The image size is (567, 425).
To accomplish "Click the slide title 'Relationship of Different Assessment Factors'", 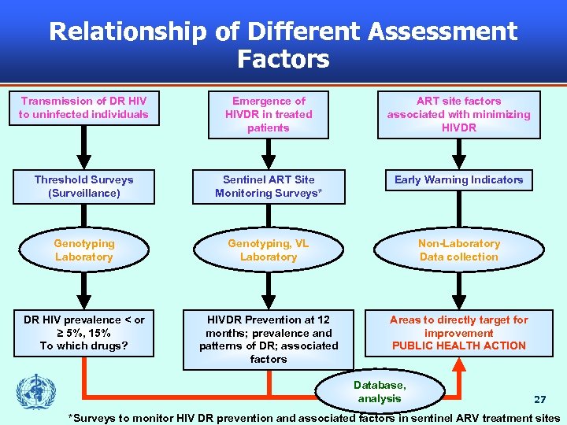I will (283, 44).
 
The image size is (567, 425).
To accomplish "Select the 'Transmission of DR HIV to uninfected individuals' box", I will (84, 108).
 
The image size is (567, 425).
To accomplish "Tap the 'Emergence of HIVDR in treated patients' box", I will (269, 115).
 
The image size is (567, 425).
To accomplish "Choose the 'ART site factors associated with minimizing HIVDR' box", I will (459, 115).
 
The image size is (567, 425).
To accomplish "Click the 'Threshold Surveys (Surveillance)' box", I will (84, 187).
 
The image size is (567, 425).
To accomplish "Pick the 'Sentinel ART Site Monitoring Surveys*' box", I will (269, 187).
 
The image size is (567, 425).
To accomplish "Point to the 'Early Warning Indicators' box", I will (459, 180).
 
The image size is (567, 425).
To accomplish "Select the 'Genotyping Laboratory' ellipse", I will (84, 250).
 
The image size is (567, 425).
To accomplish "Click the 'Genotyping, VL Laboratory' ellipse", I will (269, 250).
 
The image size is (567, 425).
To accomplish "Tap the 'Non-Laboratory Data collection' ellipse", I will (459, 250).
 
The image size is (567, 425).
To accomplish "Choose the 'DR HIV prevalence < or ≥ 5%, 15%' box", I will (84, 333).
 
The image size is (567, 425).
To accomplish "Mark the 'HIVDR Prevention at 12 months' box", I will (269, 339).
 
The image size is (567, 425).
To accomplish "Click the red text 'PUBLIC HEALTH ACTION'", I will (459, 346).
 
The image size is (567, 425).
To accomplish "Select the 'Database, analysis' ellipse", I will (380, 392).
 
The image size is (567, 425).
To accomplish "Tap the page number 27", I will (539, 400).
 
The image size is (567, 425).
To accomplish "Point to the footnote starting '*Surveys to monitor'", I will (314, 418).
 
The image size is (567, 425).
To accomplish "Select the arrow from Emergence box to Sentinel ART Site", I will (269, 153).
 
